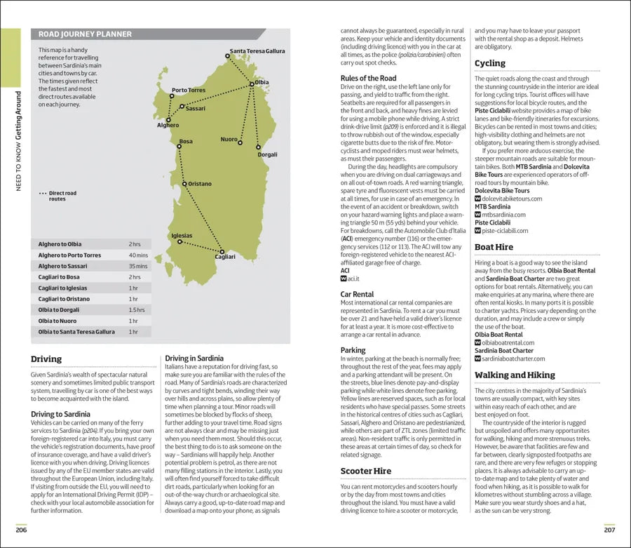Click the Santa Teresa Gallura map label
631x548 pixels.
click(x=257, y=51)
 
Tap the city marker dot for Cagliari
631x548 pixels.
click(x=222, y=251)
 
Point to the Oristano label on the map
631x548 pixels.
click(x=200, y=184)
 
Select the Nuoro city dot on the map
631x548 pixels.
click(x=240, y=142)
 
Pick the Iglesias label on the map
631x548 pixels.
click(x=182, y=235)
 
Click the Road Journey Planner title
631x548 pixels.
click(x=85, y=34)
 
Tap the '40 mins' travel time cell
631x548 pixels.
click(x=139, y=255)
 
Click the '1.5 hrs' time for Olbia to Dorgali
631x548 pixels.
click(x=137, y=309)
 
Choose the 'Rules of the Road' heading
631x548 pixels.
click(x=368, y=79)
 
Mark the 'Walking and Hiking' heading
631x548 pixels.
click(x=515, y=375)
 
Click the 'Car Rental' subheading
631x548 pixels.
click(x=357, y=295)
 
